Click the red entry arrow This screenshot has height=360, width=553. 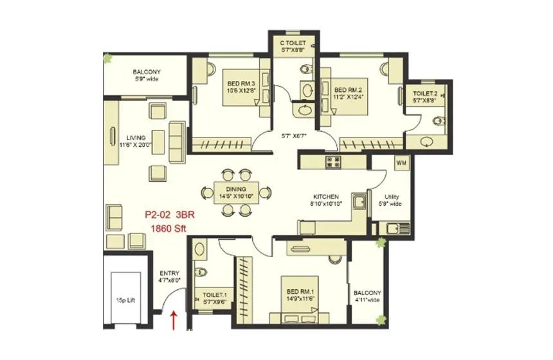point(173,319)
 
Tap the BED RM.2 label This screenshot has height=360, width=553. point(350,91)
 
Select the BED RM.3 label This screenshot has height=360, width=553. point(242,84)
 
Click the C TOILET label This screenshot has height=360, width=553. point(293,44)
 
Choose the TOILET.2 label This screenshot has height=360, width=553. point(426,94)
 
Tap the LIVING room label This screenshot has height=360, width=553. point(135,138)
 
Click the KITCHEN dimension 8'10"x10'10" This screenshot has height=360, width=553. point(327,203)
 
